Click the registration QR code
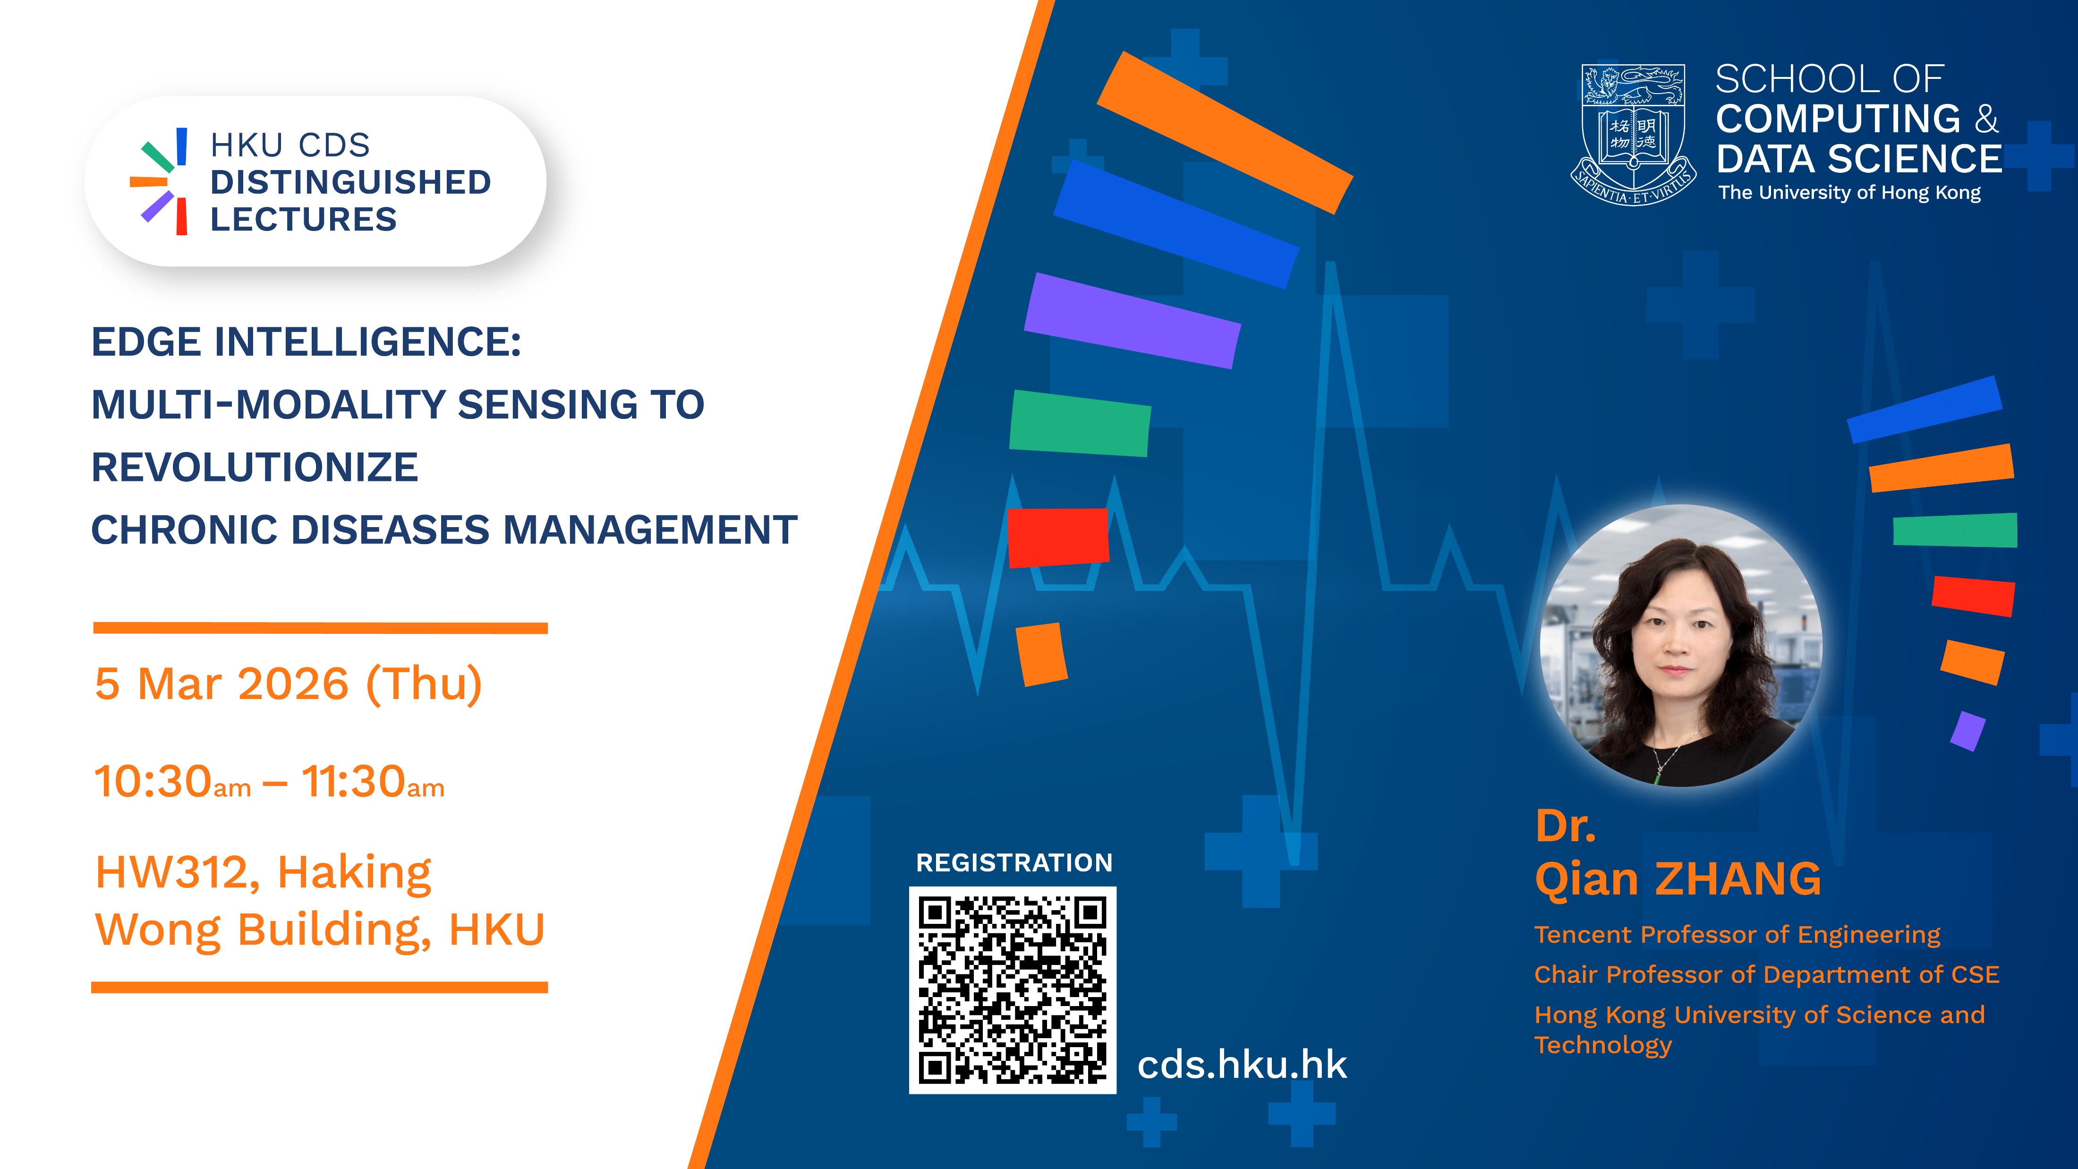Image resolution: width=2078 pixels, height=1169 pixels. [1013, 990]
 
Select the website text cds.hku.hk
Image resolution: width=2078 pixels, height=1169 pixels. [1242, 1065]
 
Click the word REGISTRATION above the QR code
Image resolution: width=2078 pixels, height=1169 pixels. [1014, 862]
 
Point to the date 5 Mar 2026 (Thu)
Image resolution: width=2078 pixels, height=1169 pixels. [288, 684]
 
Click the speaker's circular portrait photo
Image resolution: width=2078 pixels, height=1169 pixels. [1680, 645]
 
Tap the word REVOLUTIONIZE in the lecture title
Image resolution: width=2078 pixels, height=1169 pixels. [255, 467]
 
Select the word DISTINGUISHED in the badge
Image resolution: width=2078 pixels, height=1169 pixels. [351, 182]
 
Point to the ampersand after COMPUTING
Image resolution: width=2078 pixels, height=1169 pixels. [1987, 119]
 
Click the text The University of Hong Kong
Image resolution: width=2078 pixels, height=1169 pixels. [1850, 193]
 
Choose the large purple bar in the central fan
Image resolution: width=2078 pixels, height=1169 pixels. [1133, 320]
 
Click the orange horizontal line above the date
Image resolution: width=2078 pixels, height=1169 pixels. [320, 628]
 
